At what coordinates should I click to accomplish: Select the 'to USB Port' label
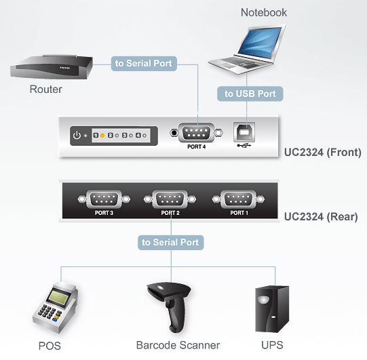pos(250,94)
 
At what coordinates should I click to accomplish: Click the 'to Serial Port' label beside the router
pos(144,64)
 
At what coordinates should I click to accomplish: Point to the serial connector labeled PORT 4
pos(196,132)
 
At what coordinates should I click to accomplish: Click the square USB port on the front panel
pos(244,131)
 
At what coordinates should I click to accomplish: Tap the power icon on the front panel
pos(77,135)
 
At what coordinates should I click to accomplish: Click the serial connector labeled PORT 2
pos(170,199)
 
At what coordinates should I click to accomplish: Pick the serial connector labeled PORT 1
pos(237,199)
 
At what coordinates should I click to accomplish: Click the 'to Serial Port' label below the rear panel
pos(170,241)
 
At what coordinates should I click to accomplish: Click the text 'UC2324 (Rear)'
pos(320,217)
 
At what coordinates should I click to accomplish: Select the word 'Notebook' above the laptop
pos(263,12)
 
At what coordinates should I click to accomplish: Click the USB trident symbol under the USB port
pos(243,145)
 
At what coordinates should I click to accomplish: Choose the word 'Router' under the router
pos(45,89)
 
